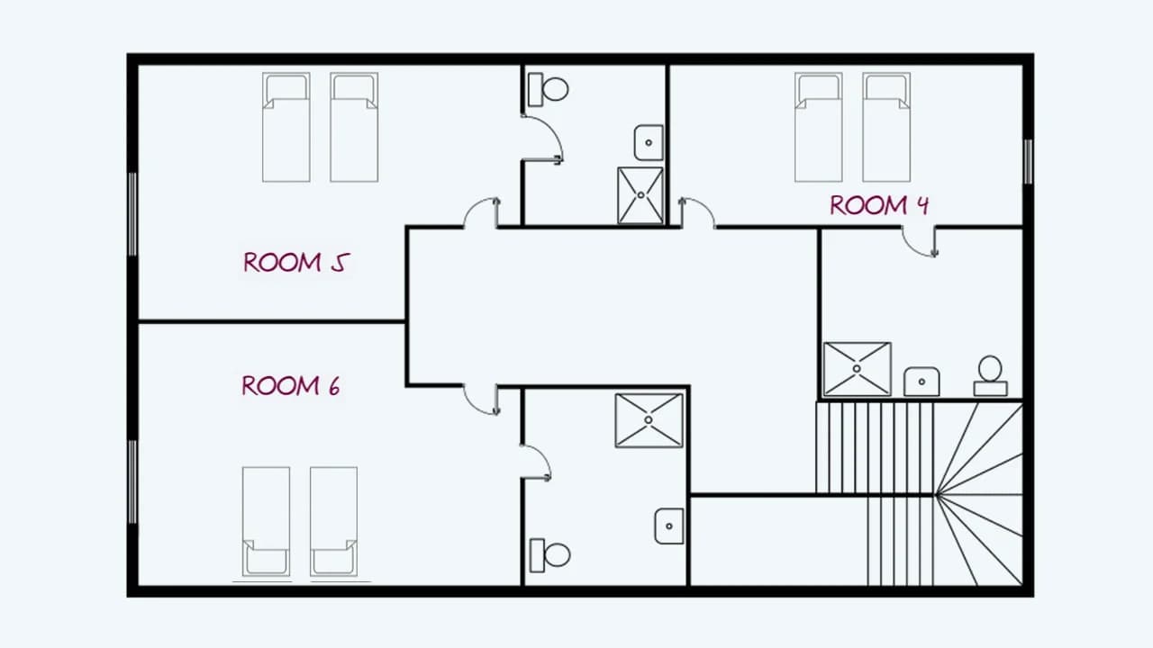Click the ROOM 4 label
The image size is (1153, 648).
pos(879,205)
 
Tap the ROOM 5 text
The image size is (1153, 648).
pos(296,262)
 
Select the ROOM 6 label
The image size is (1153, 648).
pos(291,386)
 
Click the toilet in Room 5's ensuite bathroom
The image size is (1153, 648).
pos(548,89)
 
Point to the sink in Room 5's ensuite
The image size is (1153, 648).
pos(649,142)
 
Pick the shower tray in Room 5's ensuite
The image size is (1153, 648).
pos(640,195)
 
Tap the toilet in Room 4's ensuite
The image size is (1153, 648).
pos(990,376)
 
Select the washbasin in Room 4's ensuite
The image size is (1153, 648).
pos(921,382)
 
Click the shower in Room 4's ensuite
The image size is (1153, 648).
pos(857,369)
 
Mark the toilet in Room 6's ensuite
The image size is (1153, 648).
pos(549,555)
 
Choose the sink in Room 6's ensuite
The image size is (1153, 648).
pos(669,526)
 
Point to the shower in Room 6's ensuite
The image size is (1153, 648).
pos(649,420)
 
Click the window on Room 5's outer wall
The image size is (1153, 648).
pos(132,214)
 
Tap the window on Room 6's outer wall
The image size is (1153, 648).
pos(132,481)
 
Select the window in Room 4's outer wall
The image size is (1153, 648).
pos(1028,161)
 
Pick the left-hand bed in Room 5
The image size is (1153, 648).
pos(286,127)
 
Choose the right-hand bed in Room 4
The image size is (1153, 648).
pos(886,127)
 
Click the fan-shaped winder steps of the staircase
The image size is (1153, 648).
pos(979,494)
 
